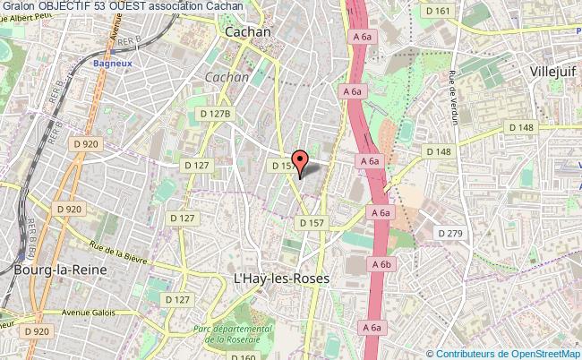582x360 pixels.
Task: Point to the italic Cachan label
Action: click(x=227, y=78)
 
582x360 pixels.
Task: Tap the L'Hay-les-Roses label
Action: click(x=281, y=279)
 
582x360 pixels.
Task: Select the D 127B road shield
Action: click(x=216, y=114)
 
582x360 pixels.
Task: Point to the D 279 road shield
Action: click(x=451, y=233)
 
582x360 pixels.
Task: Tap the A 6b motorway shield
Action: click(x=381, y=264)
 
